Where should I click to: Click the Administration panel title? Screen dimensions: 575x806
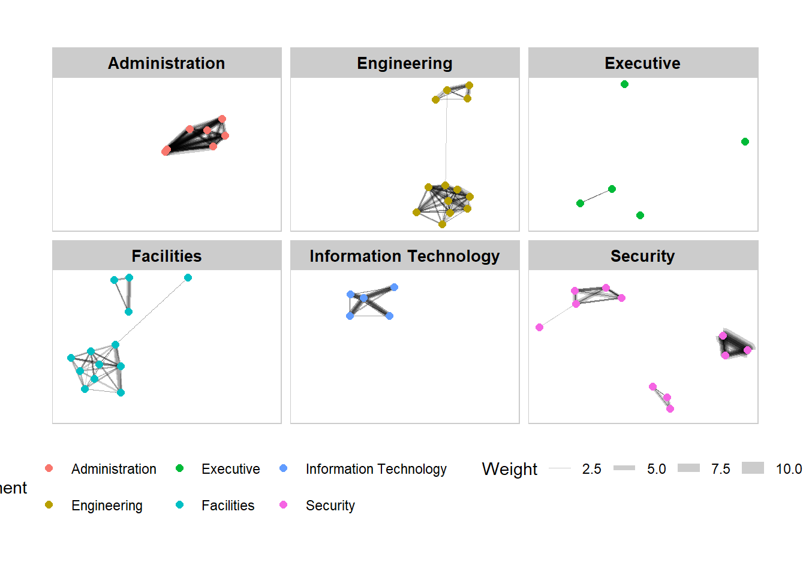pos(166,63)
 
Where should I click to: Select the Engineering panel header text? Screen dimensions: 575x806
pos(404,63)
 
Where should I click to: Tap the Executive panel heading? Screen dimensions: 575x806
pos(642,63)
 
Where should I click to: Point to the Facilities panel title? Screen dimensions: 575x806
pos(166,256)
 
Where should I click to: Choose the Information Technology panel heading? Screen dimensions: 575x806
pos(404,256)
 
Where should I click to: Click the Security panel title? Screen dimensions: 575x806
pos(642,256)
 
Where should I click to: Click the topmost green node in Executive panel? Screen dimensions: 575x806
pos(624,84)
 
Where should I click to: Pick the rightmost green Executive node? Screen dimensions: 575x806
pos(745,142)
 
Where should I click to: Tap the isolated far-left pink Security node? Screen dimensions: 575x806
pos(539,328)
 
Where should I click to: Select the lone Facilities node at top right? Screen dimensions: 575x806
pos(188,278)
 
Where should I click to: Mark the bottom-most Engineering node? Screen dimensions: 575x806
pos(442,225)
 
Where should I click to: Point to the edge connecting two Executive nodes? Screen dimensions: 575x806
pos(596,196)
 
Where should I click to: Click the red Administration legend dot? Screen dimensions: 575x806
pos(49,468)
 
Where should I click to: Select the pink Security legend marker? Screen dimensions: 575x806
pos(283,505)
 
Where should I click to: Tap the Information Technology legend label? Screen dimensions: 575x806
pos(376,469)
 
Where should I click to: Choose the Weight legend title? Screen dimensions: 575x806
pos(509,469)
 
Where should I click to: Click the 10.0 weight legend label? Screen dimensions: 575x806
pos(789,469)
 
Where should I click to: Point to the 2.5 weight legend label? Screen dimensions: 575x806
pos(591,469)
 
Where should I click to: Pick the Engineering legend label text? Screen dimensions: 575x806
pos(107,506)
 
